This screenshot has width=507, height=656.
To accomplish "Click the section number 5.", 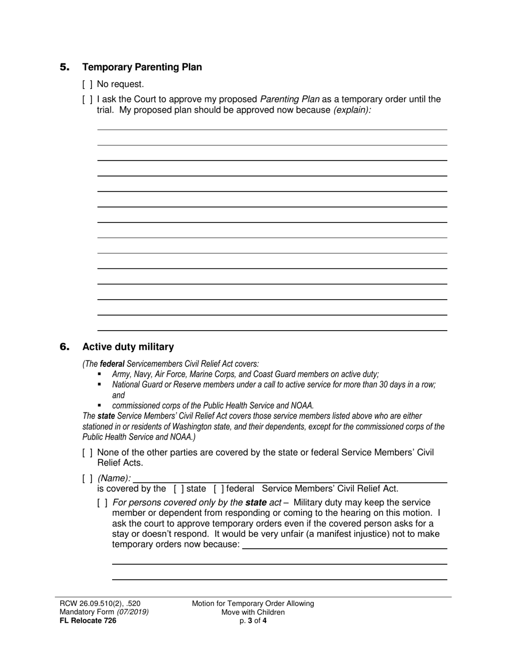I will click(x=65, y=67).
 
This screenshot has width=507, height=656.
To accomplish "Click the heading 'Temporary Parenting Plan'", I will click(x=142, y=67).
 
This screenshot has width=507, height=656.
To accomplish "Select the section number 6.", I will click(x=65, y=347).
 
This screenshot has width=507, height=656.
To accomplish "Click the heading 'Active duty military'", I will click(x=128, y=347).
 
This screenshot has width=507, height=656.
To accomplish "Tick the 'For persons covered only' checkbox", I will click(x=102, y=502).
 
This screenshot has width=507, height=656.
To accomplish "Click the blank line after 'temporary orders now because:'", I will click(x=344, y=545).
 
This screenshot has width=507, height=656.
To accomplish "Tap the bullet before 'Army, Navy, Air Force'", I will click(x=99, y=374).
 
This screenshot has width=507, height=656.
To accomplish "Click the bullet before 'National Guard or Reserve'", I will click(x=99, y=384).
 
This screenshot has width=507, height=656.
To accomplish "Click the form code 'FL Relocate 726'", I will click(x=88, y=620).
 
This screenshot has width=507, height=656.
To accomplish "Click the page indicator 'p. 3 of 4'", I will click(x=253, y=620).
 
